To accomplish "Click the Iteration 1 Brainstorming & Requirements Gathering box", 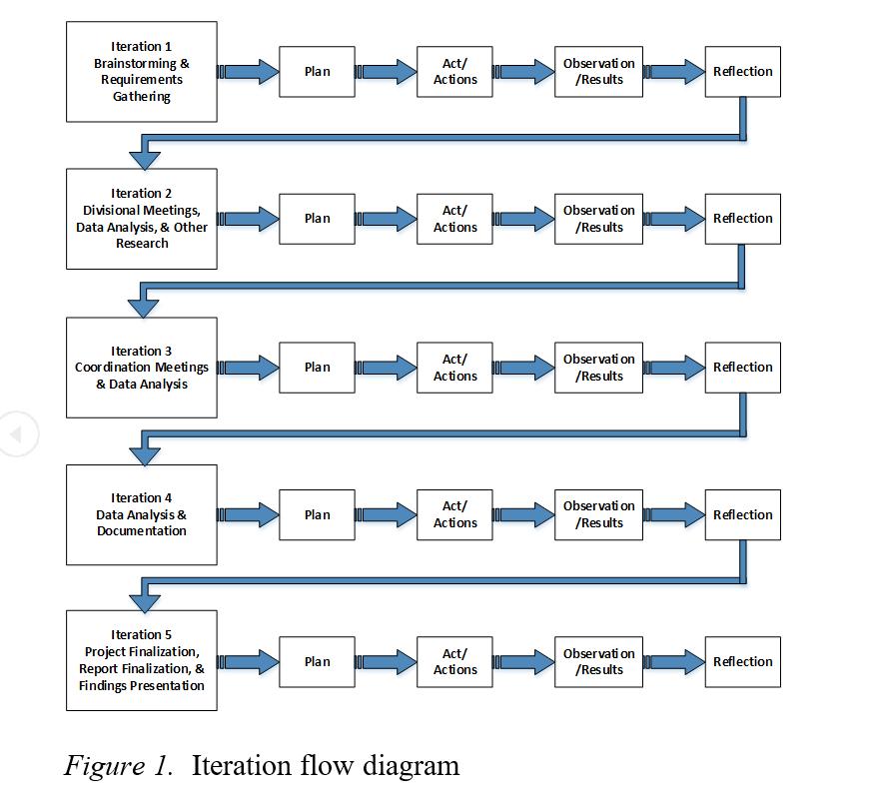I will click(141, 72).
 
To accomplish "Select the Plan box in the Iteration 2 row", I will click(317, 219).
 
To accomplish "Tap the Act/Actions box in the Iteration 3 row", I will click(454, 368).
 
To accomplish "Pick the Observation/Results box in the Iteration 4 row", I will click(598, 514).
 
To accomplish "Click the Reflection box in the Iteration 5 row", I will click(742, 661).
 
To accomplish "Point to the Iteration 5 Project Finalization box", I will click(141, 660).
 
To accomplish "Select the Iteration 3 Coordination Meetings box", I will click(141, 367).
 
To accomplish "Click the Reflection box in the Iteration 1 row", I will click(742, 72).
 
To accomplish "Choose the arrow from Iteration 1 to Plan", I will click(249, 72).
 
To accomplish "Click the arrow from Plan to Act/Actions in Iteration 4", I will click(387, 514).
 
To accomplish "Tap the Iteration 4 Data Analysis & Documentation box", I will click(141, 514).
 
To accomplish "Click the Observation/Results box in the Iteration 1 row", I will click(598, 72).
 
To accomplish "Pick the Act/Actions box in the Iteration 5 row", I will click(454, 661).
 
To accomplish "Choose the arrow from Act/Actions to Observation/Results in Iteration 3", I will click(524, 368).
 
